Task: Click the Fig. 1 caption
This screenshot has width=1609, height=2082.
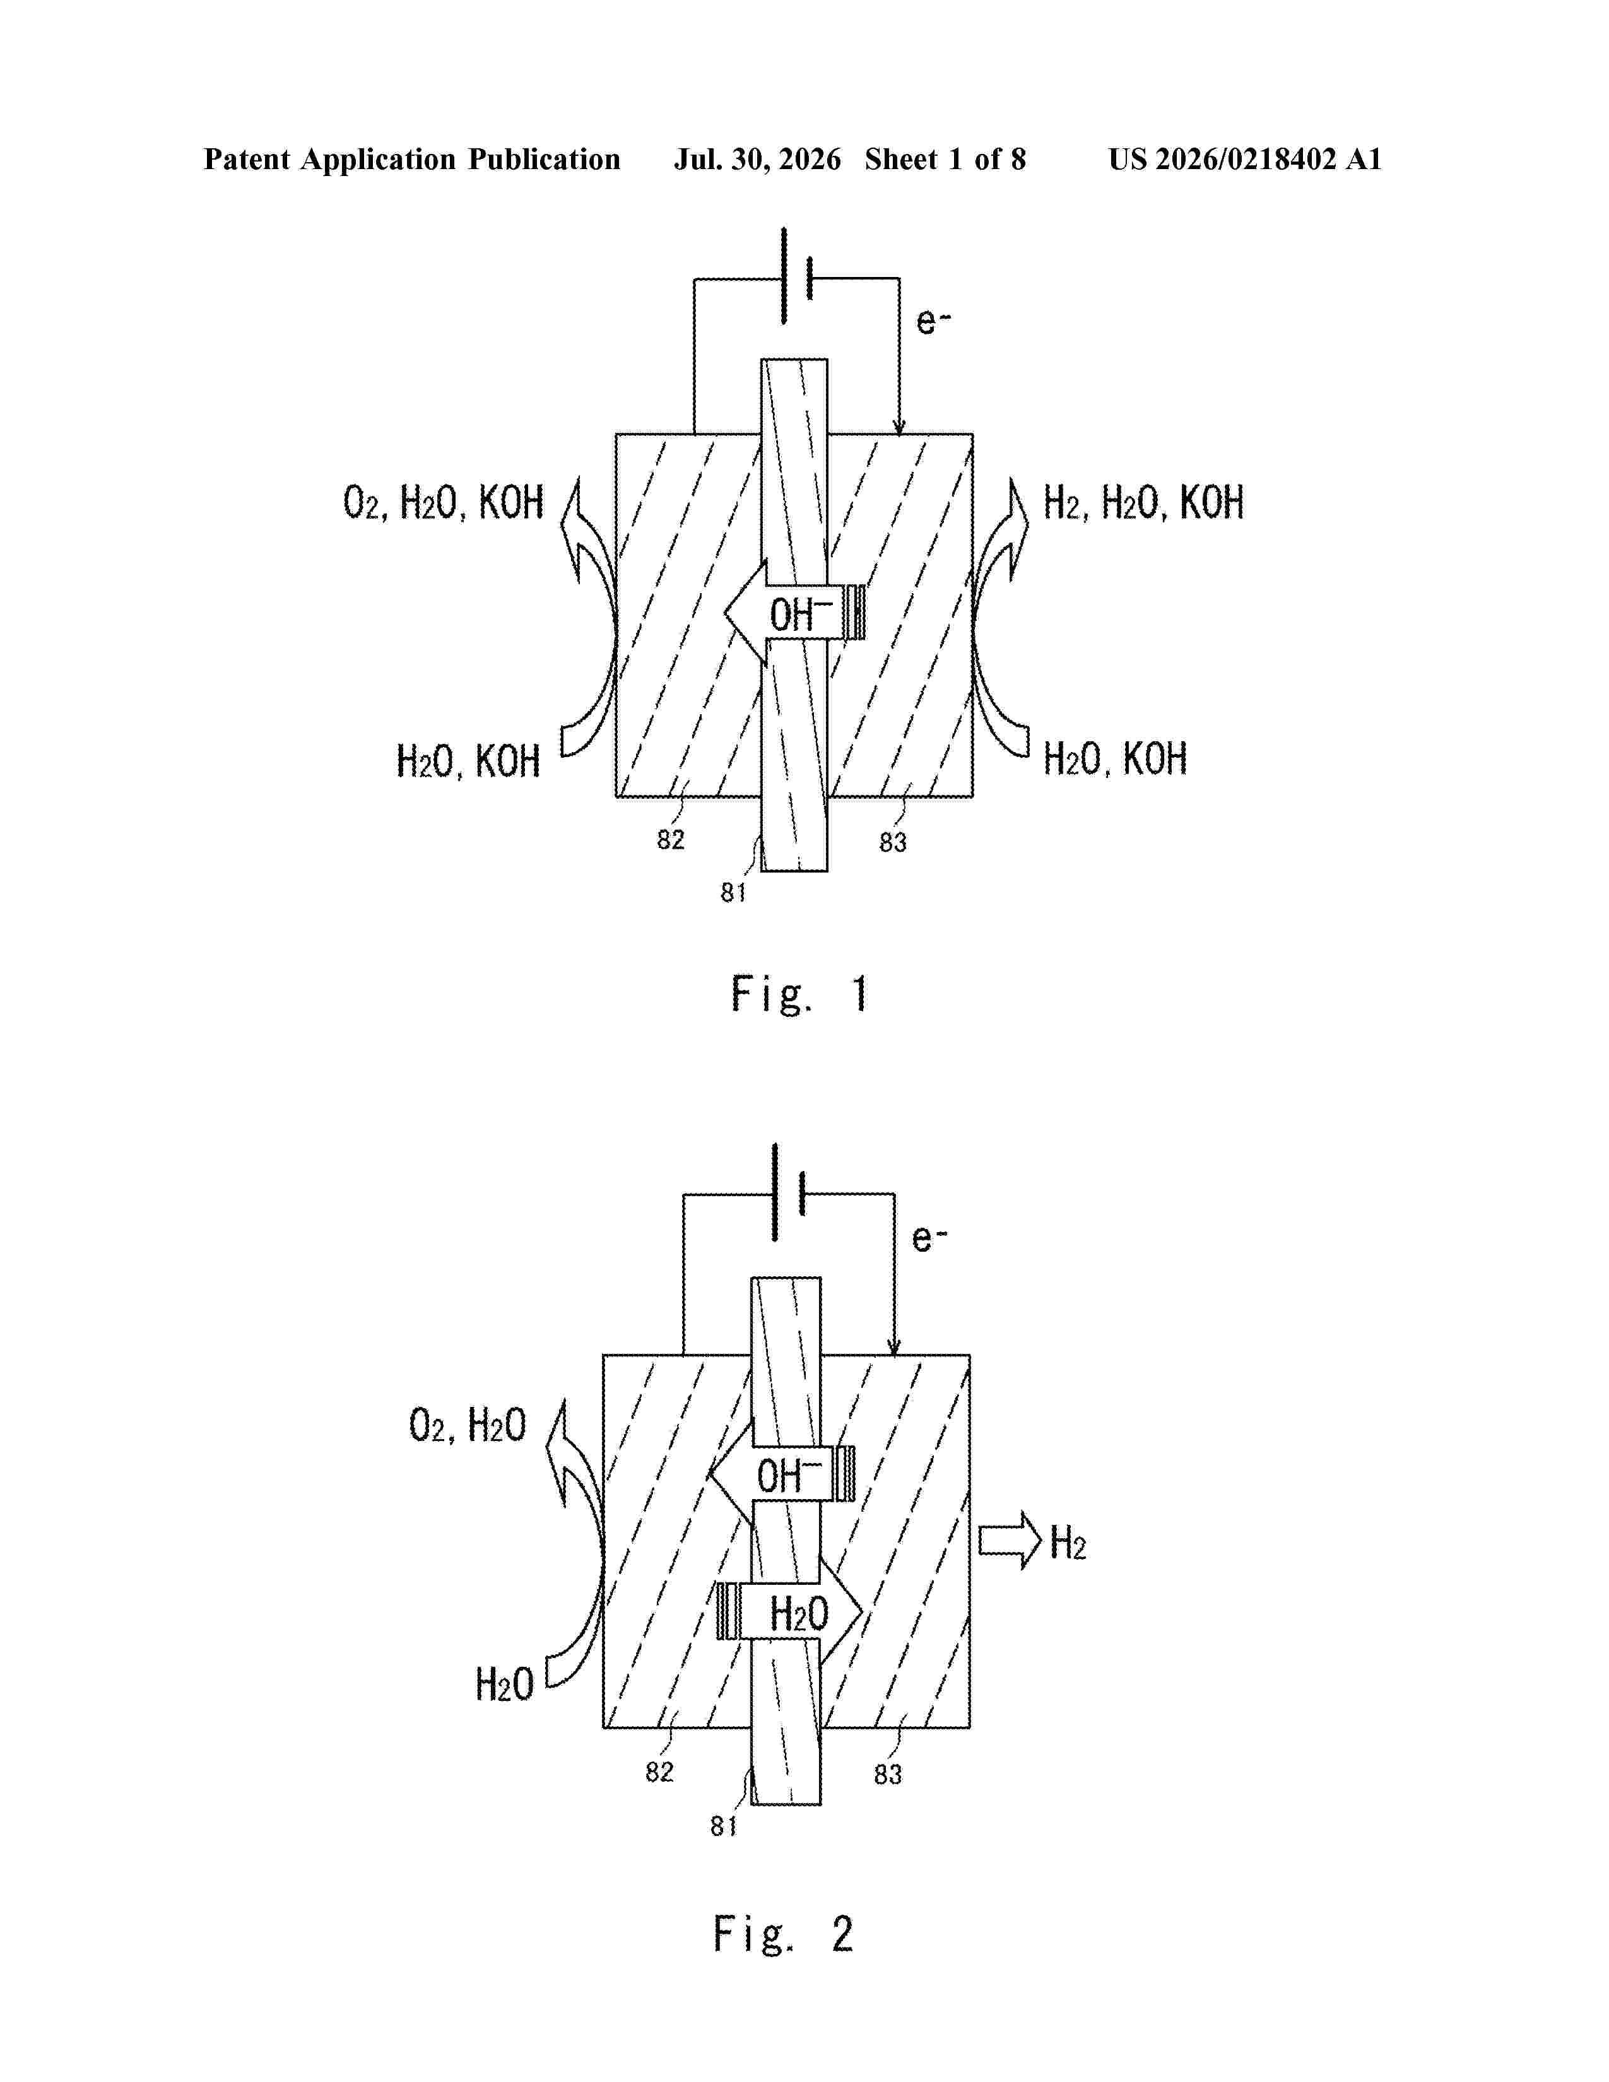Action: point(799,994)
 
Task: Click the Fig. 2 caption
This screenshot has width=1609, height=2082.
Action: point(784,1934)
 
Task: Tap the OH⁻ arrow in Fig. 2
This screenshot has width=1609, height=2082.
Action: point(782,1474)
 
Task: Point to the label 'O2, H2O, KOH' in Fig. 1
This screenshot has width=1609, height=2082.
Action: point(443,502)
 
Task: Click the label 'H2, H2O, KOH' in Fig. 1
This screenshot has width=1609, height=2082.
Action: point(1144,502)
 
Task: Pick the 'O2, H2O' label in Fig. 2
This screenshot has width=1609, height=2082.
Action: point(467,1426)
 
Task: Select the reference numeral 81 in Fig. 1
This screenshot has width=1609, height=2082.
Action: point(733,892)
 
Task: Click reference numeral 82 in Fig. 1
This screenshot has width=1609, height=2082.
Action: point(670,839)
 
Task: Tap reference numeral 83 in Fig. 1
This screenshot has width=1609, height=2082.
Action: point(892,842)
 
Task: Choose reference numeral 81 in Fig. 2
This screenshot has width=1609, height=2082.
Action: point(724,1826)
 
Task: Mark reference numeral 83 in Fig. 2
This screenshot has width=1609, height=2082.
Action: point(887,1774)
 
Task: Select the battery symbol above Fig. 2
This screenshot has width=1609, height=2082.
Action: point(789,1192)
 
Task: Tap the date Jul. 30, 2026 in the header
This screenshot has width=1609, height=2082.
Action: point(758,159)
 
